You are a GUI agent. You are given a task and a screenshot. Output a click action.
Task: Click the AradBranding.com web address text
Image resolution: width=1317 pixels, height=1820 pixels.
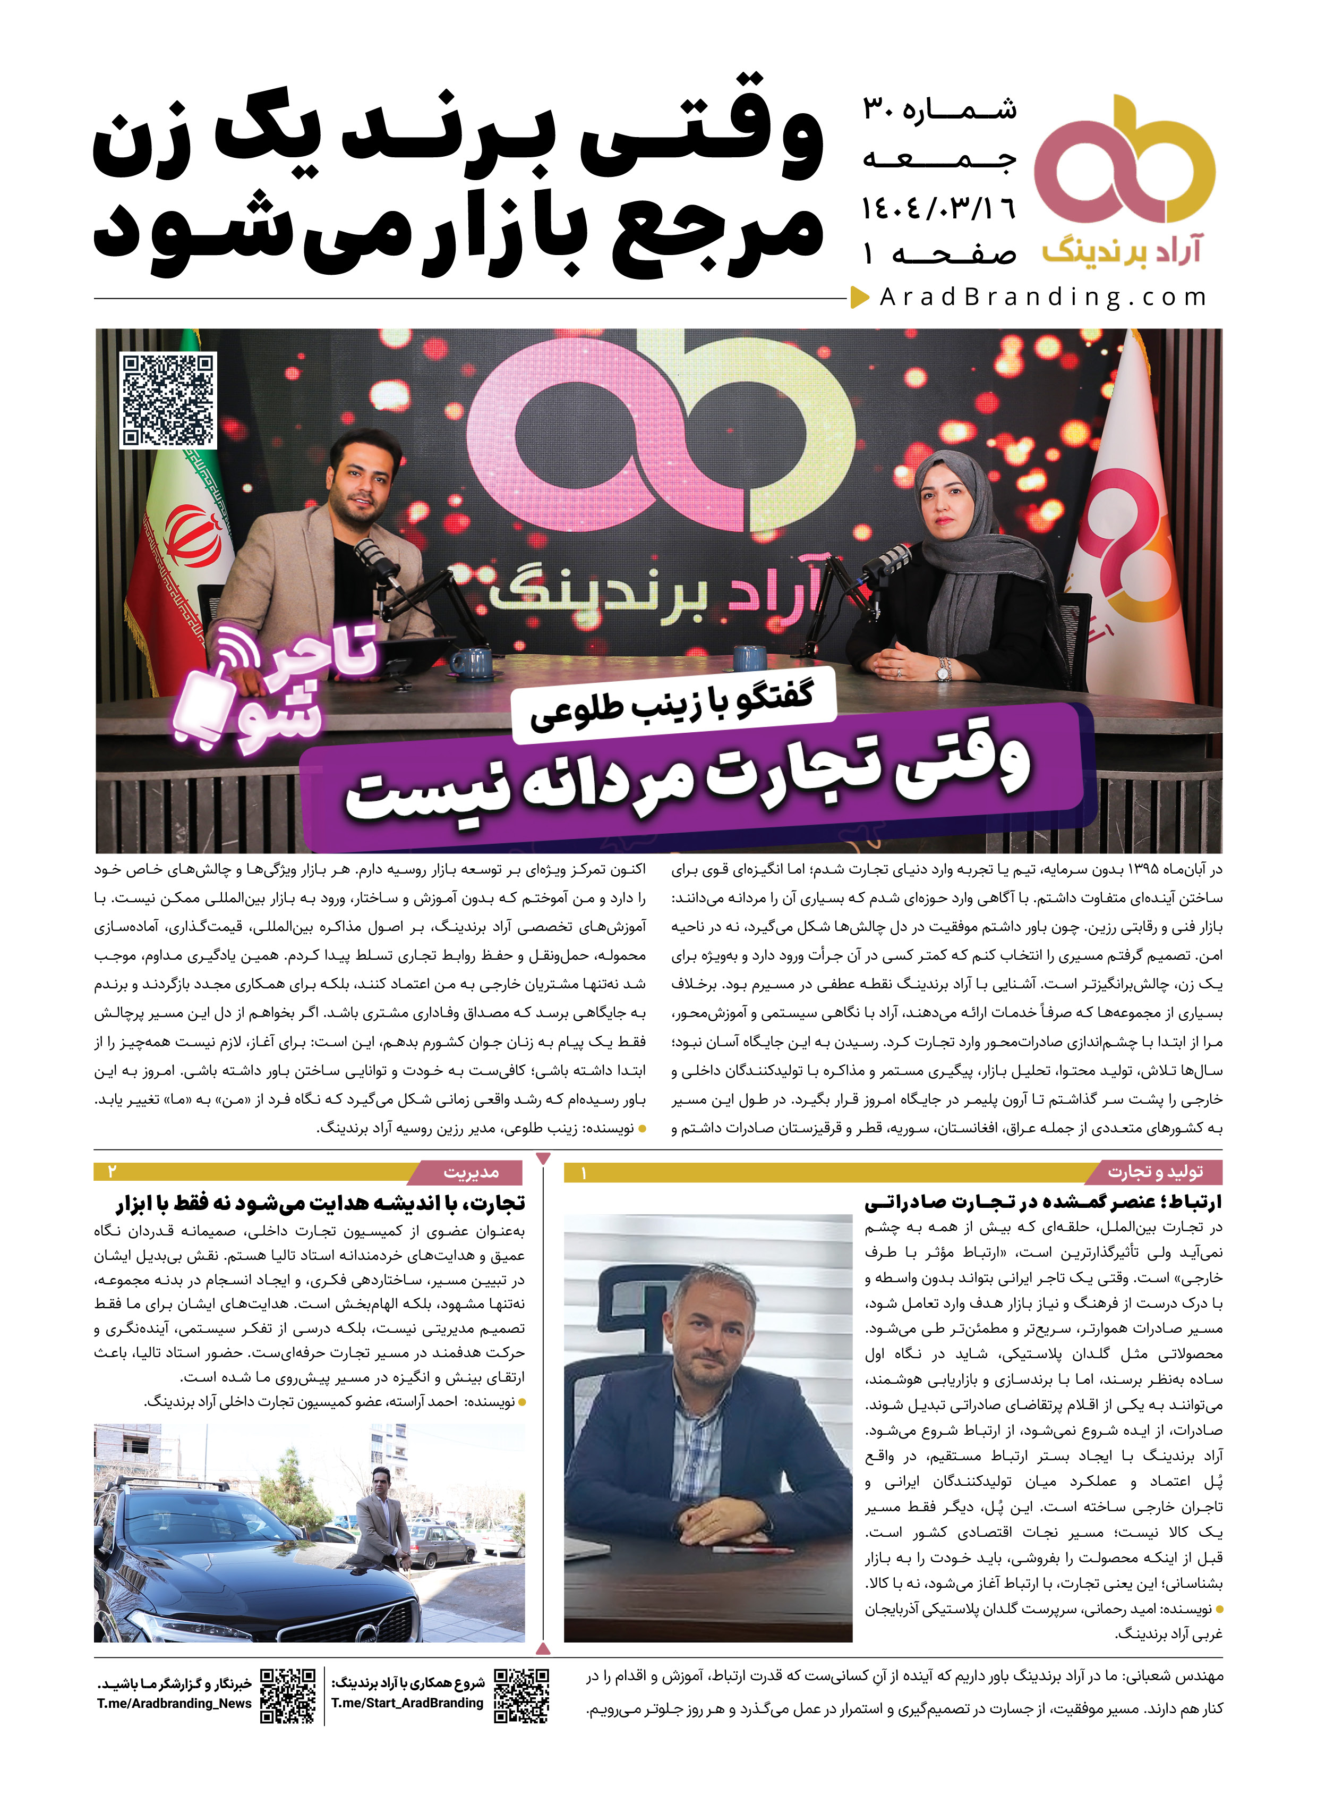click(1042, 298)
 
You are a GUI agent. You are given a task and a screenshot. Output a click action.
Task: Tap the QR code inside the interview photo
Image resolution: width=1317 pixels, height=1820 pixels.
click(168, 400)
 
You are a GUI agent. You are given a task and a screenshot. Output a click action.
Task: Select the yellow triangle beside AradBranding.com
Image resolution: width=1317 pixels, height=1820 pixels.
click(860, 298)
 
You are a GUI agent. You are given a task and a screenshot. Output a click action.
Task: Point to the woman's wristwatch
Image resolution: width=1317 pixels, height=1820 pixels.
click(945, 667)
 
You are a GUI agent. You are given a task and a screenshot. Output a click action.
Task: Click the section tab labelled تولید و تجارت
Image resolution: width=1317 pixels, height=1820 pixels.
click(1155, 1172)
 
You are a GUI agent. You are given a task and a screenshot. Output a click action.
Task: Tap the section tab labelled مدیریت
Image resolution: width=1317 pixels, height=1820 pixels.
click(471, 1172)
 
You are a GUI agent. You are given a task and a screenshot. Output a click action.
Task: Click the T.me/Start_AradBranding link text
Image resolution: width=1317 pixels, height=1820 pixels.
click(407, 1702)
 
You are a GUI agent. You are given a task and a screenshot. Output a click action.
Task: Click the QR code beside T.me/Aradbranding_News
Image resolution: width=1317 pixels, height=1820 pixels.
click(288, 1695)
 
